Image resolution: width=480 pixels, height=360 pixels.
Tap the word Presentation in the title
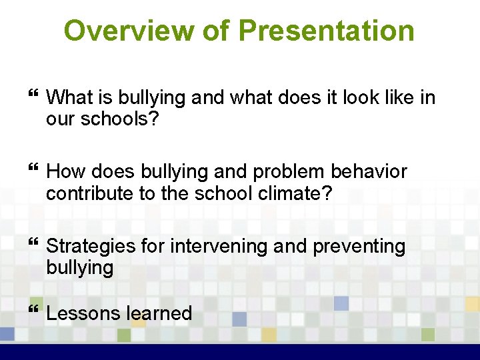click(326, 31)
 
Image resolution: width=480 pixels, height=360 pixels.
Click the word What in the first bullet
click(70, 98)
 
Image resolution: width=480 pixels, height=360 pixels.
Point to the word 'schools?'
click(123, 119)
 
